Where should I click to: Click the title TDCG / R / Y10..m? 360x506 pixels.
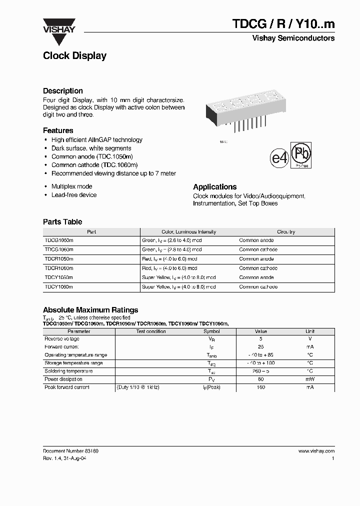[x=283, y=23]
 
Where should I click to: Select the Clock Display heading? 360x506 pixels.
[x=74, y=56]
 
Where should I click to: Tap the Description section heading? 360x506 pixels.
[x=63, y=91]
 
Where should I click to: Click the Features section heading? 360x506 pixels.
[x=58, y=130]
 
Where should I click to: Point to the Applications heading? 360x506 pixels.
[x=214, y=186]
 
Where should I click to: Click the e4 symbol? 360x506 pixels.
[x=279, y=158]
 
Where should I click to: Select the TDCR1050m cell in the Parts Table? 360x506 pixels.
[x=59, y=259]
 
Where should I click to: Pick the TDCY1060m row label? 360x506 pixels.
[x=59, y=287]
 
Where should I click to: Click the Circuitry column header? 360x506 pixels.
[x=286, y=232]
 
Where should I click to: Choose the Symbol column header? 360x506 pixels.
[x=211, y=331]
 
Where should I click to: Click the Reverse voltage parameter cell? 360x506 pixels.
[x=61, y=339]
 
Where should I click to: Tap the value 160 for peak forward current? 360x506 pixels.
[x=261, y=387]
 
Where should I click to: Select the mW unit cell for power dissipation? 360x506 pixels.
[x=310, y=379]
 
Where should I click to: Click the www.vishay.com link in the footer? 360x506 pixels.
[x=316, y=451]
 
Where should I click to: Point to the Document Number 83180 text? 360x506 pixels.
[x=70, y=451]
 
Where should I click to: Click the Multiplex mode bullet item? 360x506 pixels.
[x=71, y=186]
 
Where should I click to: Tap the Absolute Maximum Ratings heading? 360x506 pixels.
[x=90, y=310]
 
